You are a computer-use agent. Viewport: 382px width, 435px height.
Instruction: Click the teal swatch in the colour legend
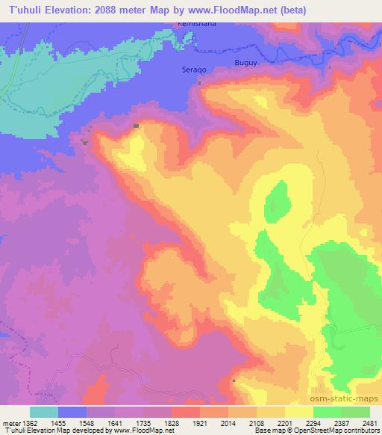coord(44,412)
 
